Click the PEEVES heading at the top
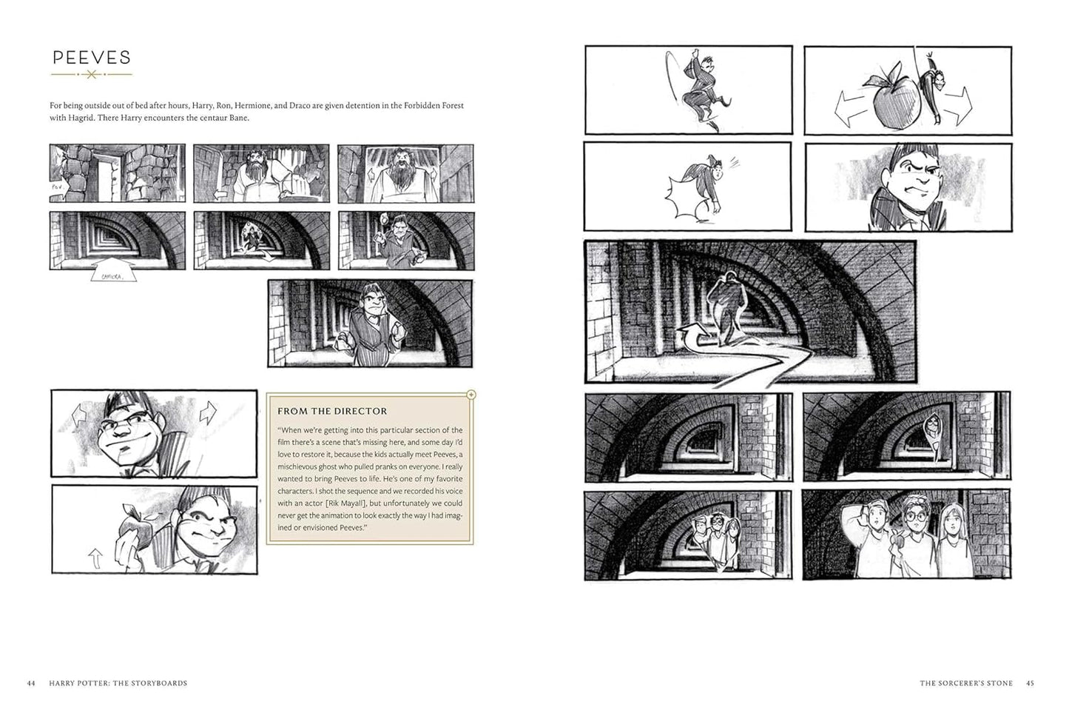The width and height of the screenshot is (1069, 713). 91,58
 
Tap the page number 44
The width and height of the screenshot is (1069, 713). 30,683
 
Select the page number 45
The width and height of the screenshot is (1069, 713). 1030,683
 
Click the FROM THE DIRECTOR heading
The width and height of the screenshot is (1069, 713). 331,411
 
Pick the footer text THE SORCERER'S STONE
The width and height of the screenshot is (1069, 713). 965,683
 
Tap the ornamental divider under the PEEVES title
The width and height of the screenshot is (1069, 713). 91,75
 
